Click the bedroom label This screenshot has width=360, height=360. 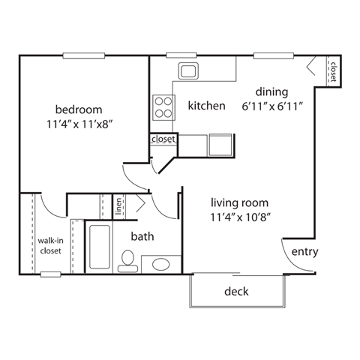(79, 109)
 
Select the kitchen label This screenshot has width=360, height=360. (206, 106)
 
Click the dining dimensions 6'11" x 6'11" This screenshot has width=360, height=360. (271, 106)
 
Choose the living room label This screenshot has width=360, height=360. (239, 202)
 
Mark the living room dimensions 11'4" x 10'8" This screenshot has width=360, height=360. (239, 217)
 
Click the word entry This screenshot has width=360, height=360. (304, 251)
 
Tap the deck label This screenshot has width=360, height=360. (237, 291)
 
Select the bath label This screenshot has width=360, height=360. (142, 237)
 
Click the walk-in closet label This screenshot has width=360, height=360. (49, 245)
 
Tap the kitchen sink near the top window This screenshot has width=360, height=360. (187, 72)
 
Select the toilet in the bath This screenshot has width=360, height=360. (127, 260)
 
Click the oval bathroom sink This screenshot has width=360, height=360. (160, 264)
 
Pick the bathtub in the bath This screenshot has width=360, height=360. (99, 247)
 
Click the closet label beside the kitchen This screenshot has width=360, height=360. (163, 139)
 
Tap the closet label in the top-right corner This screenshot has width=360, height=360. (331, 70)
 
